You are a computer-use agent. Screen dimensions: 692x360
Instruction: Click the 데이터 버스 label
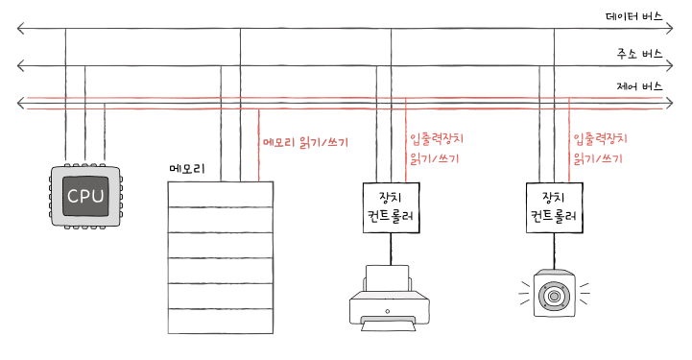tap(633, 16)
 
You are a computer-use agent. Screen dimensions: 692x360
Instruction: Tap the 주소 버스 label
tap(639, 54)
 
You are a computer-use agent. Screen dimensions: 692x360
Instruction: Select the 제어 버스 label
tap(639, 86)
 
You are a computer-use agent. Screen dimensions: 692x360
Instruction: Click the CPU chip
tap(85, 197)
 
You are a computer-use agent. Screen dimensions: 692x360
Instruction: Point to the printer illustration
tap(390, 298)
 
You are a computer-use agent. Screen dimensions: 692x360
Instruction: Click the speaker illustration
tap(555, 293)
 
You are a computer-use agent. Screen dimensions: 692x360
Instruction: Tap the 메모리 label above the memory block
tap(187, 169)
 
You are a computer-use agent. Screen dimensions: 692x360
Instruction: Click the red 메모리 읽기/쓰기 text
tap(305, 142)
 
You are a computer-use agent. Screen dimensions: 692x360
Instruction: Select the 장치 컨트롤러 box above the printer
tap(391, 207)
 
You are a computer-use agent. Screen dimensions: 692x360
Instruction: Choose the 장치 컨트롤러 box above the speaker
tap(555, 207)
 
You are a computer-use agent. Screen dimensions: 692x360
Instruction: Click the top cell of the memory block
tap(220, 194)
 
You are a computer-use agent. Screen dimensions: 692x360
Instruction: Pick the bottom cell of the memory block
tap(220, 321)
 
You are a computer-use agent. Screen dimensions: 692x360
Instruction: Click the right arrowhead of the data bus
tap(670, 29)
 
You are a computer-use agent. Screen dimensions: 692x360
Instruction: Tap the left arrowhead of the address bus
tap(20, 65)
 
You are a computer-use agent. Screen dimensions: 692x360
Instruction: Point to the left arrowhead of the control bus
tap(20, 104)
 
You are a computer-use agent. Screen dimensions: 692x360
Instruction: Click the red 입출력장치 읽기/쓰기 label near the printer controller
tap(437, 149)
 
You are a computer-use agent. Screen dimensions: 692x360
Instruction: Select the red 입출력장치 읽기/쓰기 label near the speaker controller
tap(600, 149)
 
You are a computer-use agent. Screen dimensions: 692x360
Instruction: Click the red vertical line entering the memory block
tap(258, 145)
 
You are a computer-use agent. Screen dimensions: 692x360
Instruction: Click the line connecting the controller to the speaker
tap(555, 251)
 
